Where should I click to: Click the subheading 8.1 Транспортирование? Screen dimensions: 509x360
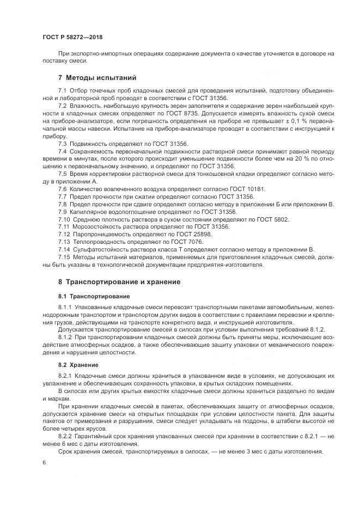(x=93, y=296)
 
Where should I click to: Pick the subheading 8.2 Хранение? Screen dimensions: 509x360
(x=78, y=365)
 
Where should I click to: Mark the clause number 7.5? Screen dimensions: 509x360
(x=63, y=173)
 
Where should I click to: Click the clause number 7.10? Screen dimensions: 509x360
(x=64, y=219)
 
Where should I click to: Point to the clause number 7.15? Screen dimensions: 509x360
(x=64, y=256)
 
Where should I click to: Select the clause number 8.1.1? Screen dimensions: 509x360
(x=65, y=308)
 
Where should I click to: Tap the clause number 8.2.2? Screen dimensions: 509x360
(x=65, y=436)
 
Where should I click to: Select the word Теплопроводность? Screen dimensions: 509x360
(x=97, y=241)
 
